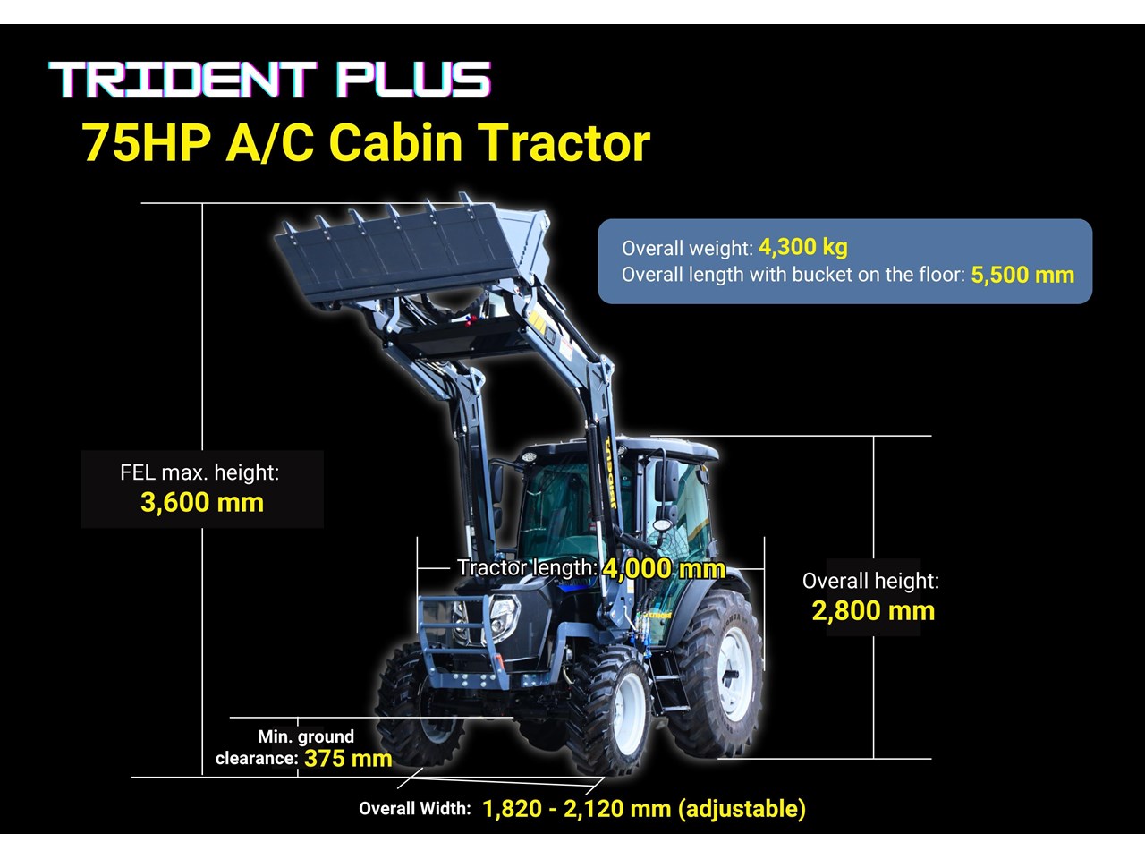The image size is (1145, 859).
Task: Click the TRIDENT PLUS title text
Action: [269, 79]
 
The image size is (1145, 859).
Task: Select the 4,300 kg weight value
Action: [802, 247]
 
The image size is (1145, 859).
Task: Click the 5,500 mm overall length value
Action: [1022, 275]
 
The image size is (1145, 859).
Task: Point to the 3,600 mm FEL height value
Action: [202, 503]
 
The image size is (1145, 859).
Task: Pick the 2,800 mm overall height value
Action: [873, 611]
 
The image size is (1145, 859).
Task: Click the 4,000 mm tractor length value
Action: [664, 568]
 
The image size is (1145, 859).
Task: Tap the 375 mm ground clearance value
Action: [348, 759]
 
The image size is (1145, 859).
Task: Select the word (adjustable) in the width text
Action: [742, 809]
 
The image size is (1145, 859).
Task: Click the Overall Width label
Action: [415, 808]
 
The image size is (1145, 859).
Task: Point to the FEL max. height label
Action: [199, 472]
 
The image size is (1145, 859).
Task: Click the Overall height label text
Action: [870, 581]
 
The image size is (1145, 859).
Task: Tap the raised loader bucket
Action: [412, 251]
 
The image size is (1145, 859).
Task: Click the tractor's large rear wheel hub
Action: [734, 674]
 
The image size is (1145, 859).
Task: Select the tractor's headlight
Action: [504, 617]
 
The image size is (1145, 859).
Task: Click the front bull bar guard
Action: [464, 642]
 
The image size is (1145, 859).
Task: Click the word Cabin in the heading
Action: [395, 142]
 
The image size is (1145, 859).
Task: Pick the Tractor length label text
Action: [528, 567]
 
